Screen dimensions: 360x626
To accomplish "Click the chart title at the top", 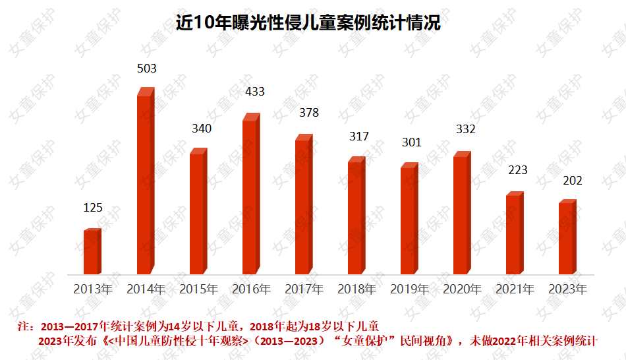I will point(308,23).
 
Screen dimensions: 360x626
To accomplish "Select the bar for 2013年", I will point(92,252).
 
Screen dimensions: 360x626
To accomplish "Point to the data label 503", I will point(146,68).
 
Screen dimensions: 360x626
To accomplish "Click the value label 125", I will point(93,208).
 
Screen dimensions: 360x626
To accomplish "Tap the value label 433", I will point(254,92).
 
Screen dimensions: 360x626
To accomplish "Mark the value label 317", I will point(359,136).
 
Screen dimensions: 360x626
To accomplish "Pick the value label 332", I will point(465,129).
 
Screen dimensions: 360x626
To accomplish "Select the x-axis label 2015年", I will point(198,289).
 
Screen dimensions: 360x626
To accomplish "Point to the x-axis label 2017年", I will point(304,289).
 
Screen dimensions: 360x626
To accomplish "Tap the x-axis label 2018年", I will point(356,289).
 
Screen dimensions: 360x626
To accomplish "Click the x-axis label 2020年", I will point(462,289).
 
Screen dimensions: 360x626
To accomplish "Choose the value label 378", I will point(308,113).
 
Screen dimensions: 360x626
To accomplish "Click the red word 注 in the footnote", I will point(24,326).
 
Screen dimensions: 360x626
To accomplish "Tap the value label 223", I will point(518,170).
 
